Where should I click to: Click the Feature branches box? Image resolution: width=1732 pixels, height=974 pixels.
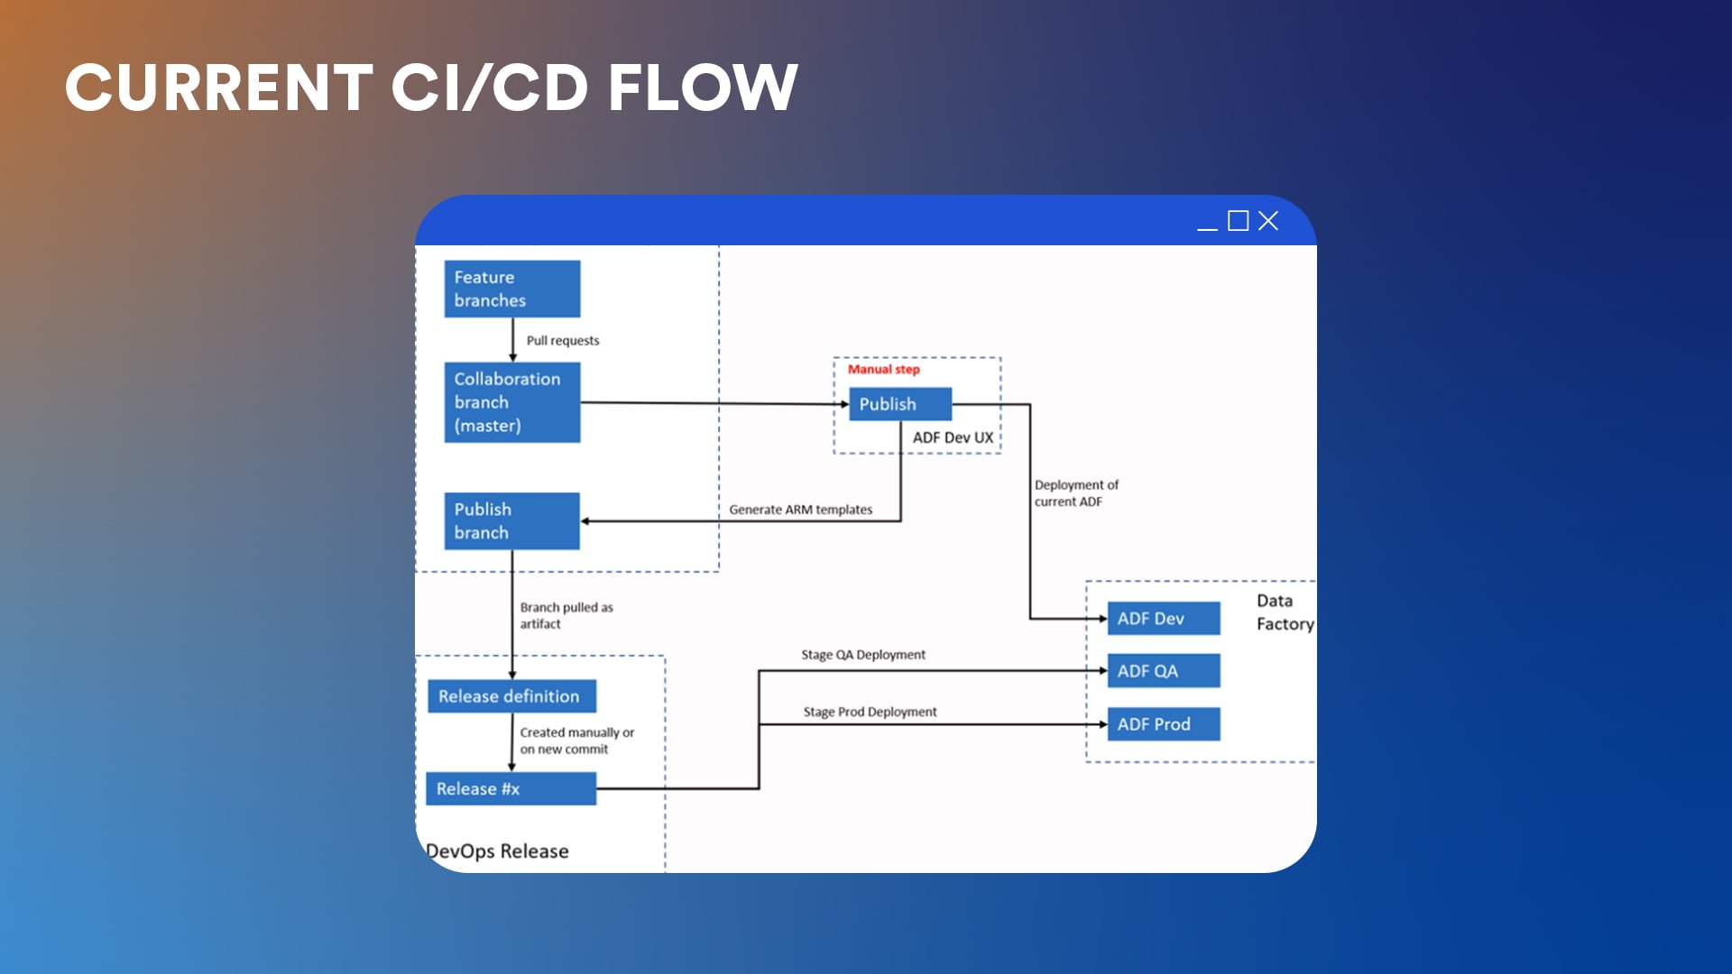tap(512, 289)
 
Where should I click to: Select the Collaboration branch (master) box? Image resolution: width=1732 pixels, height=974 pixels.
tap(512, 402)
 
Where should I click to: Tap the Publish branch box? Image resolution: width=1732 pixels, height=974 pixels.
tap(512, 520)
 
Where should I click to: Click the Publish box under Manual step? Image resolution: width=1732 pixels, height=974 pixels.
tap(900, 404)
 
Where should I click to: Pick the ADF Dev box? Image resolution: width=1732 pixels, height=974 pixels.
tap(1164, 619)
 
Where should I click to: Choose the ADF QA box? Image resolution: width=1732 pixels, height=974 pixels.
tap(1164, 671)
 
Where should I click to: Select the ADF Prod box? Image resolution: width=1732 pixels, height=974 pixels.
tap(1164, 724)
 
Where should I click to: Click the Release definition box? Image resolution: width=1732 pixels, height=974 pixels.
tap(511, 696)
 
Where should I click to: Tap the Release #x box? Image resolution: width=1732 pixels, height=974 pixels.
tap(511, 789)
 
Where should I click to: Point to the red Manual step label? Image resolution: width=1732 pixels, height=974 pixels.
tap(884, 369)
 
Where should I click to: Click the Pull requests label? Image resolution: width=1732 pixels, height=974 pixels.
tap(563, 341)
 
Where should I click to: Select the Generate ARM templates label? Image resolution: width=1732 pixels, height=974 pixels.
tap(801, 510)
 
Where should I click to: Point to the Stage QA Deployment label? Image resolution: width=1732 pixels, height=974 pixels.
tap(863, 655)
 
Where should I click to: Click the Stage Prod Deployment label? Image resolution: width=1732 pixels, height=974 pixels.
tap(871, 712)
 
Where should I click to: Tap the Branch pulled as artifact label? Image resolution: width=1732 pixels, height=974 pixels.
tap(567, 615)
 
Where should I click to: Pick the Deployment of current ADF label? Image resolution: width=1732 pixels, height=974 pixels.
tap(1076, 493)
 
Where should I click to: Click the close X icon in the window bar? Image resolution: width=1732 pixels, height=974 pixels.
tap(1268, 221)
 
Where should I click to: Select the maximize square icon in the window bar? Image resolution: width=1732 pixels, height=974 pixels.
tap(1239, 221)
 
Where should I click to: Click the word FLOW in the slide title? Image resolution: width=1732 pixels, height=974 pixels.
tap(704, 87)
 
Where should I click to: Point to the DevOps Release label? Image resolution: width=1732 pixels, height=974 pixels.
tap(497, 851)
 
